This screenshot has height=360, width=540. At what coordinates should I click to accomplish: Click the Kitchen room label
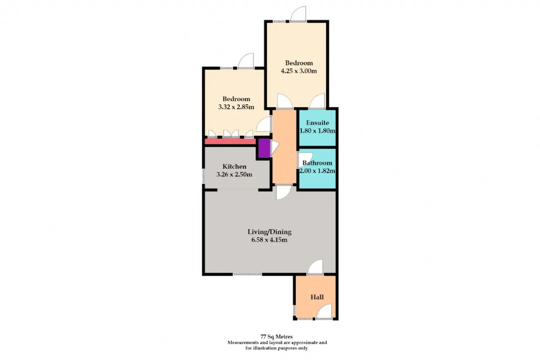234,166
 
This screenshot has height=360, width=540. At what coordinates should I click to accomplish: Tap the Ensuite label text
318,123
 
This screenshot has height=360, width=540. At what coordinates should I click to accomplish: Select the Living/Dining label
270,232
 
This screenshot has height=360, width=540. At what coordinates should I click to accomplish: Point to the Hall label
317,297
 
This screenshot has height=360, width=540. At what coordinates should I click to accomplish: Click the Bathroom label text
317,163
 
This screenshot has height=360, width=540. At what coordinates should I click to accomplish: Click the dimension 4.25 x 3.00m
299,71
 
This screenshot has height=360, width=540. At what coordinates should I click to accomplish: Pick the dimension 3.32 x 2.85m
236,107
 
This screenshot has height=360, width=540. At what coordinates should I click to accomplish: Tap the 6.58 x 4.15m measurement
269,240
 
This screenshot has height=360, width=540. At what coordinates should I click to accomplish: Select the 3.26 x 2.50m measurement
234,174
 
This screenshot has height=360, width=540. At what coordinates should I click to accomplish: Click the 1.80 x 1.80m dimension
317,131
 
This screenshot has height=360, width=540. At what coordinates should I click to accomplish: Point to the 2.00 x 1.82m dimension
317,171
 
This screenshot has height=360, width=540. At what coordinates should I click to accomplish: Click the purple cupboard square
265,148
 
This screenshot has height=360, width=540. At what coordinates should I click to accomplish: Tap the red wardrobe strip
230,141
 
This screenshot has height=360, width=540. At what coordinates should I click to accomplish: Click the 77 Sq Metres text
276,337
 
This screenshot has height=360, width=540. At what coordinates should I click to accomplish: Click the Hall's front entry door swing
324,311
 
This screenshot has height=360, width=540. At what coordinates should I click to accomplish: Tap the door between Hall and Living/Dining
315,267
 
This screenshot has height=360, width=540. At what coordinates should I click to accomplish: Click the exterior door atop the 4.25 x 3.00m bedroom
298,14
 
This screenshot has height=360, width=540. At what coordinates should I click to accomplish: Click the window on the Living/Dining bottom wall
247,274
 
